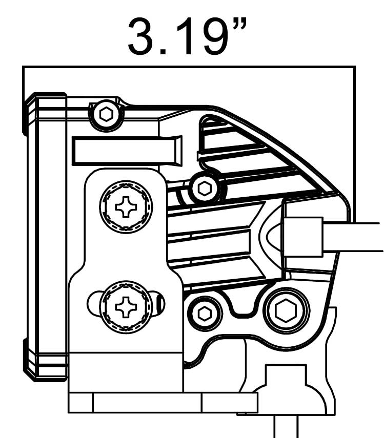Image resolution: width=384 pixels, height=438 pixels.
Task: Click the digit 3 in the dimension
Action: coord(143,36)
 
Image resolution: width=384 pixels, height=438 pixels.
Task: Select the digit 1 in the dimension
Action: coord(186,36)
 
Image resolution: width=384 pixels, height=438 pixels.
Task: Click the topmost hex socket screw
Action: coord(106,115)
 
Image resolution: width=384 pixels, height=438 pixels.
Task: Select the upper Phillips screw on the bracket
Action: coord(126,207)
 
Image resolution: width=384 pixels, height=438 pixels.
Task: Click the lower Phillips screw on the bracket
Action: coord(126,307)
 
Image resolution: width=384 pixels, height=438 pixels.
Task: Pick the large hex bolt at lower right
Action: coord(286,310)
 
